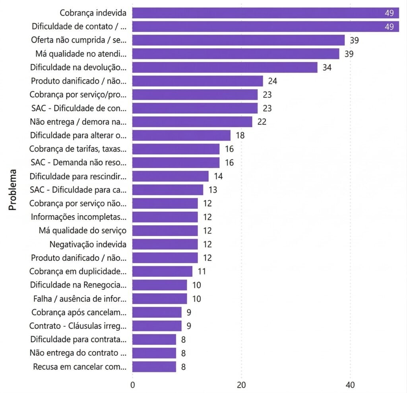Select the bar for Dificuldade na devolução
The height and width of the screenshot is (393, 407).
pyautogui.click(x=225, y=67)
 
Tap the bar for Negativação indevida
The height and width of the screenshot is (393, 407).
pyautogui.click(x=165, y=244)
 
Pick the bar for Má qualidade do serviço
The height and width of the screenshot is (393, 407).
pyautogui.click(x=165, y=231)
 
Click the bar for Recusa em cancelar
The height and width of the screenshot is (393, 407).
pyautogui.click(x=154, y=367)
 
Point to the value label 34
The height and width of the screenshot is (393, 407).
pyautogui.click(x=327, y=67)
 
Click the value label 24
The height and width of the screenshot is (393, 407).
pyautogui.click(x=272, y=81)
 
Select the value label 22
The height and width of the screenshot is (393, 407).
pyautogui.click(x=262, y=122)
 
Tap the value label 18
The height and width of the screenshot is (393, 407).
pyautogui.click(x=240, y=136)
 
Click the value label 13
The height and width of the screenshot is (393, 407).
pyautogui.click(x=213, y=190)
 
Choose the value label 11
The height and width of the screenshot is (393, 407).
pyautogui.click(x=202, y=272)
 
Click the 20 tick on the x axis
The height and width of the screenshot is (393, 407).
pyautogui.click(x=241, y=385)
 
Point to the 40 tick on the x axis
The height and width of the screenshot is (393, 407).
pyautogui.click(x=350, y=385)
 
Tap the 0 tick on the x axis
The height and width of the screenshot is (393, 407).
pyautogui.click(x=132, y=385)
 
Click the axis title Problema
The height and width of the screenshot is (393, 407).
pyautogui.click(x=13, y=190)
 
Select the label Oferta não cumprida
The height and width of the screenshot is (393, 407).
pyautogui.click(x=79, y=40)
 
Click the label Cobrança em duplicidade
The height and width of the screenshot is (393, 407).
pyautogui.click(x=78, y=272)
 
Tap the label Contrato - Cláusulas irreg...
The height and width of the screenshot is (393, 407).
pyautogui.click(x=78, y=326)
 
